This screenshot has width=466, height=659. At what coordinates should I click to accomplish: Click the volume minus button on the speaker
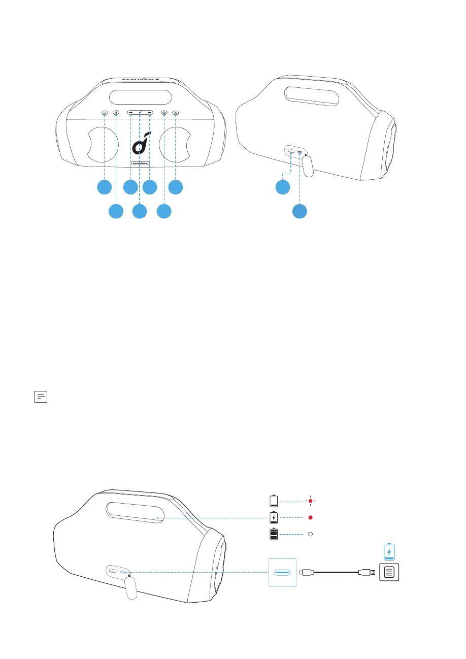pos(130,113)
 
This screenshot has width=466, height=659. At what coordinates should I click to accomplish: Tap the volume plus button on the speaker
pos(150,113)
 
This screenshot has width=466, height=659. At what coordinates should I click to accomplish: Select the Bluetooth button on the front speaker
pos(116,113)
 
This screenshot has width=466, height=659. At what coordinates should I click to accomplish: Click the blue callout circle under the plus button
pos(150,187)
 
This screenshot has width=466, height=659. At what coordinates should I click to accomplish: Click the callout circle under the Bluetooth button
pos(116,211)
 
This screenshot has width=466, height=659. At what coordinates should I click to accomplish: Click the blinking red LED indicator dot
pos(310,501)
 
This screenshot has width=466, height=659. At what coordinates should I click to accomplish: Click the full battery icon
pos(274,535)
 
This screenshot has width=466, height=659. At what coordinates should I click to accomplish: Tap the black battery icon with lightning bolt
pos(274,518)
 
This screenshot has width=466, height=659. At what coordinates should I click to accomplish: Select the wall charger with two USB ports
pos(389,573)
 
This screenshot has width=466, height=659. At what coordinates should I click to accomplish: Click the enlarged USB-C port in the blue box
pos(282,573)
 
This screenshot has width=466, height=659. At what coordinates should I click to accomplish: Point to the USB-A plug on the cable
pos(366,573)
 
